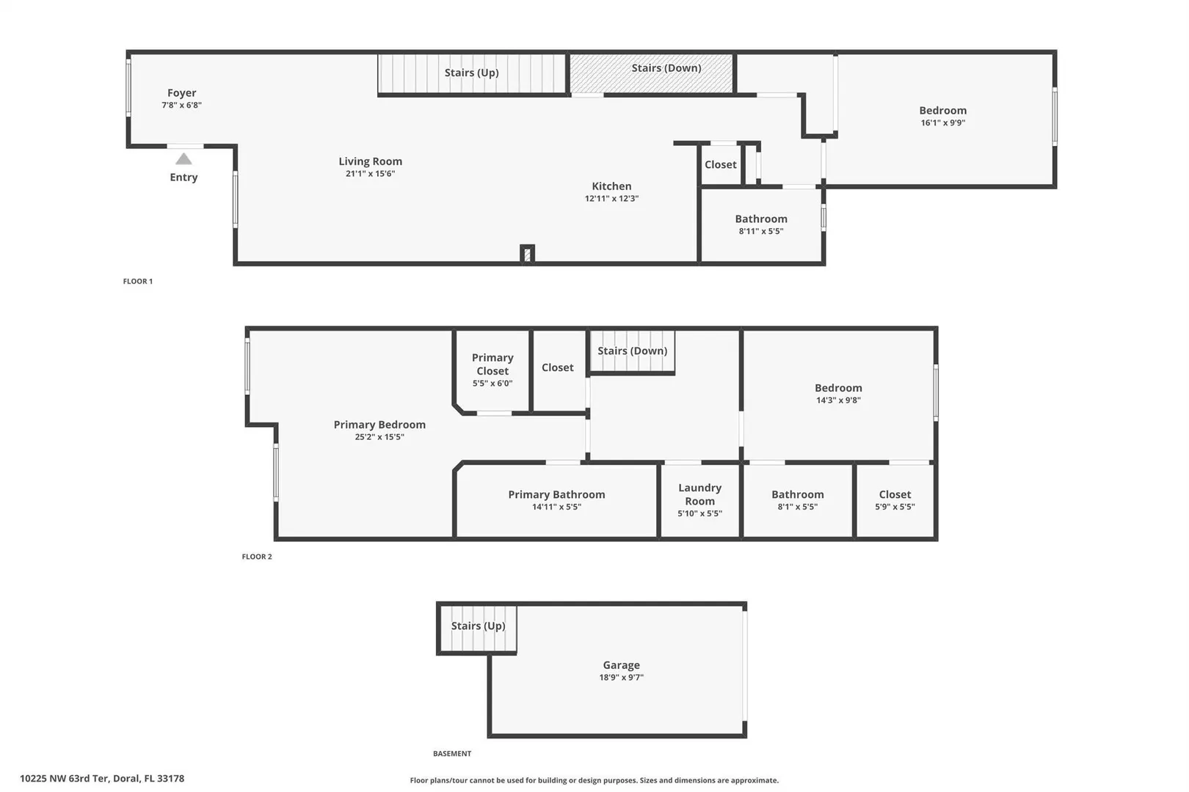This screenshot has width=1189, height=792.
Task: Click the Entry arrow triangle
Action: (x=183, y=158)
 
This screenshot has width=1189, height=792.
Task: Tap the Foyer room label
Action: (x=181, y=93)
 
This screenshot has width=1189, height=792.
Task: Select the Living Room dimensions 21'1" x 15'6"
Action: (x=371, y=174)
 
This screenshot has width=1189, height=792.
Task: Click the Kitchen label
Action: (x=611, y=186)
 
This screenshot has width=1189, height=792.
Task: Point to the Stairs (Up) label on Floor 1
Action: (x=471, y=73)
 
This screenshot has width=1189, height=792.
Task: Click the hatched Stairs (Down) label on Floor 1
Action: (x=666, y=68)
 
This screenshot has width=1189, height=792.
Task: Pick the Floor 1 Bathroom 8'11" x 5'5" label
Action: (x=761, y=224)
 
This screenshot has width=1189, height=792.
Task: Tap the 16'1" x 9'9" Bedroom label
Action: (x=942, y=116)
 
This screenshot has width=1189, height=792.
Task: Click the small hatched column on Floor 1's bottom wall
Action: (x=527, y=254)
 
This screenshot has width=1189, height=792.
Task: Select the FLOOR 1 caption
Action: (x=138, y=281)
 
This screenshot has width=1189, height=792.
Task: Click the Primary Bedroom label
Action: (x=379, y=425)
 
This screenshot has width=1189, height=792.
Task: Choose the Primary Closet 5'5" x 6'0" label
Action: (x=492, y=370)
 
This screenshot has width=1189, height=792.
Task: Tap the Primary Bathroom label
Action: (x=556, y=494)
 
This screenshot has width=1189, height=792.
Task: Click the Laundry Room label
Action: (x=699, y=494)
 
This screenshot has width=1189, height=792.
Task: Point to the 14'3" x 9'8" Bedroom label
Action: (x=838, y=394)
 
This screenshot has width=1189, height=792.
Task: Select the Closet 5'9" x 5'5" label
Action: (x=895, y=500)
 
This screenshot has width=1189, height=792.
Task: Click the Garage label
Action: (x=621, y=664)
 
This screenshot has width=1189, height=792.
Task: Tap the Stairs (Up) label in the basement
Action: (x=479, y=626)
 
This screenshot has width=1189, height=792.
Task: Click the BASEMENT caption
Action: (x=452, y=753)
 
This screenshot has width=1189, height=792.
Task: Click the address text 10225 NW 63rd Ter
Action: (x=65, y=778)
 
